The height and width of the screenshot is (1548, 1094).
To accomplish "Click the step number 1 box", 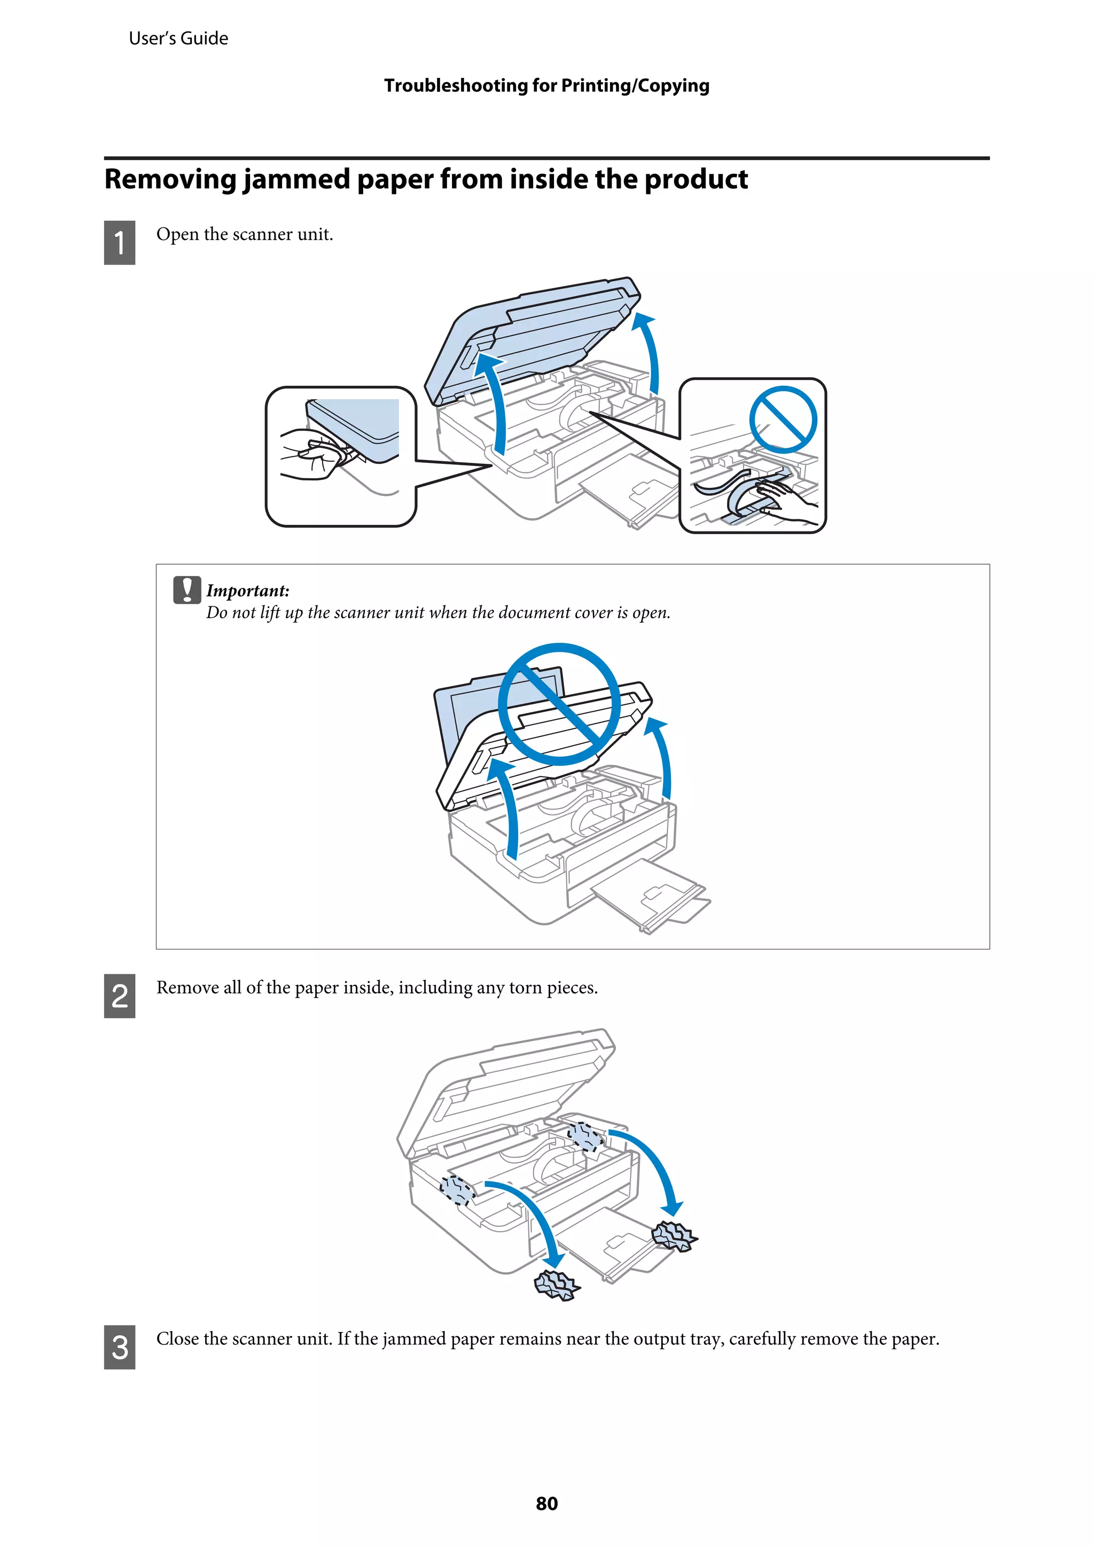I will (119, 242).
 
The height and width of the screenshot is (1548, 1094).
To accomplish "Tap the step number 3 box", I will (119, 1347).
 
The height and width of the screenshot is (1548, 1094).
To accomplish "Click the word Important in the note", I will (247, 590).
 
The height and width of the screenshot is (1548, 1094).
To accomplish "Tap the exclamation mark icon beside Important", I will (187, 589).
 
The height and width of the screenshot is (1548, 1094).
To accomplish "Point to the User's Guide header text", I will (178, 38).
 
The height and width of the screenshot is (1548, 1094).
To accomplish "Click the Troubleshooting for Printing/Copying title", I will (546, 85).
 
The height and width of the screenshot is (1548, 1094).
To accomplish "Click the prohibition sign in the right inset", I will (783, 419).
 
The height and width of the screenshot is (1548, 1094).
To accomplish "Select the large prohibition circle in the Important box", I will (559, 704).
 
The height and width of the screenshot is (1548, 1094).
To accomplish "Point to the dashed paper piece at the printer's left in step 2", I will (457, 1189).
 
